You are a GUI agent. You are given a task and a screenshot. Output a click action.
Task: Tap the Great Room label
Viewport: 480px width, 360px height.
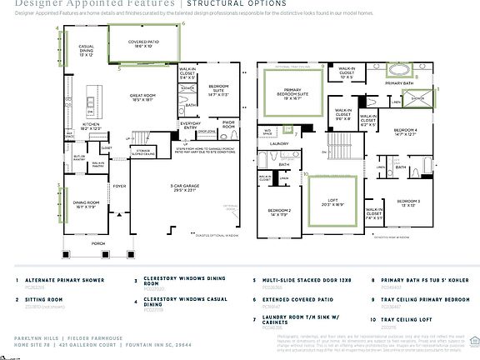tap(145, 97)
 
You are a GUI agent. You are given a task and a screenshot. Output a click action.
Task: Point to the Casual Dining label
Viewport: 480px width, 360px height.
tap(86, 51)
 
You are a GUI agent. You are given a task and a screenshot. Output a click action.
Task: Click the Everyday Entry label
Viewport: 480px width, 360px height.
tap(189, 127)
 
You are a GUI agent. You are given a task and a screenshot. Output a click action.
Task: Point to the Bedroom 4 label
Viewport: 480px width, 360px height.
tap(404, 132)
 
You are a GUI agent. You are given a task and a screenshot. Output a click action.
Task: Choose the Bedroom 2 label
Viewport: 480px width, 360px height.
tap(278, 212)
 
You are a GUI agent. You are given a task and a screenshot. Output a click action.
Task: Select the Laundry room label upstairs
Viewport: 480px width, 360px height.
tap(278, 143)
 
